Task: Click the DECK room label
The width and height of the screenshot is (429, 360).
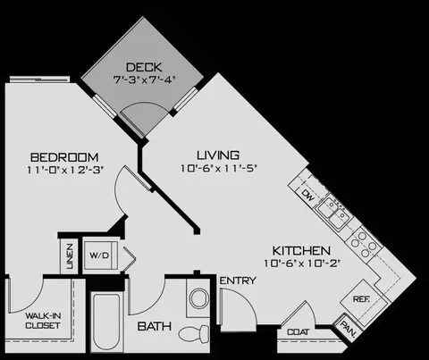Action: (x=144, y=67)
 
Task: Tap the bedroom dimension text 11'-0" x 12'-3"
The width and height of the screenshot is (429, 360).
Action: (x=65, y=170)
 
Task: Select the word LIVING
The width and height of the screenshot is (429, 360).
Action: (x=218, y=155)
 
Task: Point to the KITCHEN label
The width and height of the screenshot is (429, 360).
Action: (x=301, y=251)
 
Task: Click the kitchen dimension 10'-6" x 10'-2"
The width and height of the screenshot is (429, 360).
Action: (x=302, y=264)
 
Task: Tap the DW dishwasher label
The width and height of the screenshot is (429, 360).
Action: (x=307, y=196)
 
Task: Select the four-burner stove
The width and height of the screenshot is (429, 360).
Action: (x=363, y=244)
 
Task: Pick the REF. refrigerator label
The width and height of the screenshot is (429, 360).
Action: (x=361, y=298)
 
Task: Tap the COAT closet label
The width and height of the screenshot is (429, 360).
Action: (x=299, y=331)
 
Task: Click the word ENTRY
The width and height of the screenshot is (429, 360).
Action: (x=238, y=280)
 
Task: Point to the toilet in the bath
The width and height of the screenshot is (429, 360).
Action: (x=194, y=334)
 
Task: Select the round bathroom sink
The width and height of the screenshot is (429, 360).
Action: (x=199, y=298)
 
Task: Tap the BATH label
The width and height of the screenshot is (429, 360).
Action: (x=155, y=326)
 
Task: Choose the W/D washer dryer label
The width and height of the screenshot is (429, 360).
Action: (x=99, y=255)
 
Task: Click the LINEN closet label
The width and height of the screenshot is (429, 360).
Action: (x=70, y=256)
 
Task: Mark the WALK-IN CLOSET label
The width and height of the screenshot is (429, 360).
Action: (x=43, y=321)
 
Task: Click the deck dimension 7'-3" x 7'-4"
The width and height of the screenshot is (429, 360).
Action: (x=144, y=80)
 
